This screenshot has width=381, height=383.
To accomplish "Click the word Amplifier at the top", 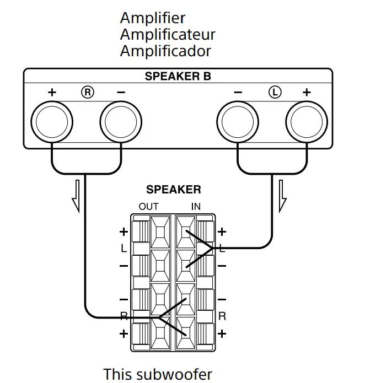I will (x=153, y=18).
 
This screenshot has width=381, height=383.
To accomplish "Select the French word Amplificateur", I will (x=168, y=35).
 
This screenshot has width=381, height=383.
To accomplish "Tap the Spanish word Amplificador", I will (x=165, y=51).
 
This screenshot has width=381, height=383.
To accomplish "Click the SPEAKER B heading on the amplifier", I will (x=178, y=77).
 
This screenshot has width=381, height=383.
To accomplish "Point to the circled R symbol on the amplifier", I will (x=87, y=92).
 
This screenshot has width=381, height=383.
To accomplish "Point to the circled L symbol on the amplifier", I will (x=274, y=92).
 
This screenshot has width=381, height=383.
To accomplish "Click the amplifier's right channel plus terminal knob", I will (x=52, y=121).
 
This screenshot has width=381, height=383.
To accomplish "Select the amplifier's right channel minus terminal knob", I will (x=121, y=121).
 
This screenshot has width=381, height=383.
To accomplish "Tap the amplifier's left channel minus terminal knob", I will (x=238, y=121).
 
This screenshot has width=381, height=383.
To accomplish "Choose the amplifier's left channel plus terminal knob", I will (x=307, y=121).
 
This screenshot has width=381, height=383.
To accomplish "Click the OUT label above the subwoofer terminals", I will (x=148, y=207).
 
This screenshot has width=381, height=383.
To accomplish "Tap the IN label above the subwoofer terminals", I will (x=196, y=207).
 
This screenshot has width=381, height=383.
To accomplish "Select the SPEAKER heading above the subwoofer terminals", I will (x=173, y=190).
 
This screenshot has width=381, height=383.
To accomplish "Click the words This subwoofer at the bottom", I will (x=158, y=374).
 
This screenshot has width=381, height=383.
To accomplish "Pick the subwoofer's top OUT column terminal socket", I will (x=160, y=232).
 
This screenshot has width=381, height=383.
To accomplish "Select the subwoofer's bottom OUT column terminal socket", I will (x=160, y=333).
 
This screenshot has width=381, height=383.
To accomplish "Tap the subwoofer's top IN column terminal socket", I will (x=186, y=232).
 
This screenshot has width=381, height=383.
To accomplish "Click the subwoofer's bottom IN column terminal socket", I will (x=186, y=333).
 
